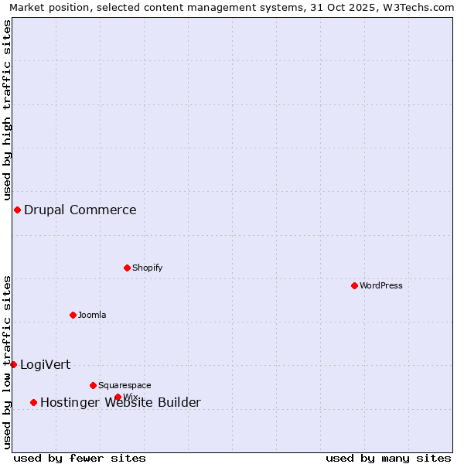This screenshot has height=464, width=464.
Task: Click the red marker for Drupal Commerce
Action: click(17, 210)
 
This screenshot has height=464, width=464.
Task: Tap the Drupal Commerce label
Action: click(80, 210)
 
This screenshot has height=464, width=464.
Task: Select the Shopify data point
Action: click(127, 268)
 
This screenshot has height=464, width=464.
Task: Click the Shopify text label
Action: click(147, 268)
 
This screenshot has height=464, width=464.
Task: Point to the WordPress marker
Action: click(354, 285)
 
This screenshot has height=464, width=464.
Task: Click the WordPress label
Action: click(381, 285)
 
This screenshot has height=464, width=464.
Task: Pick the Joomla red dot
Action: click(73, 315)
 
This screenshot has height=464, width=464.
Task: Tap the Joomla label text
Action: click(92, 315)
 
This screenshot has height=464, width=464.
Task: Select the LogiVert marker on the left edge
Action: click(13, 364)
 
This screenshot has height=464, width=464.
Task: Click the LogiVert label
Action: click(45, 364)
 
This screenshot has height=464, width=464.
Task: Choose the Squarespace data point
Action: click(93, 385)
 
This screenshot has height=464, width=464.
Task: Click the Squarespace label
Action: click(125, 385)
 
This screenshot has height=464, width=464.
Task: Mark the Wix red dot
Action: click(118, 397)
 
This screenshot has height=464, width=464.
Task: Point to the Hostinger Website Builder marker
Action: click(33, 402)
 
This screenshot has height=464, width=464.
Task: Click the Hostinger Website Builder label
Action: click(121, 402)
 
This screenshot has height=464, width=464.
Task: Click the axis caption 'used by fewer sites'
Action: click(80, 458)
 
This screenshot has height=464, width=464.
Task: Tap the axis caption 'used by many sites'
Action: click(388, 458)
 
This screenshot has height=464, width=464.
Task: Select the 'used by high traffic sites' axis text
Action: click(8, 109)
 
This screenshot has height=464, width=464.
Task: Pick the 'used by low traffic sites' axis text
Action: click(8, 361)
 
